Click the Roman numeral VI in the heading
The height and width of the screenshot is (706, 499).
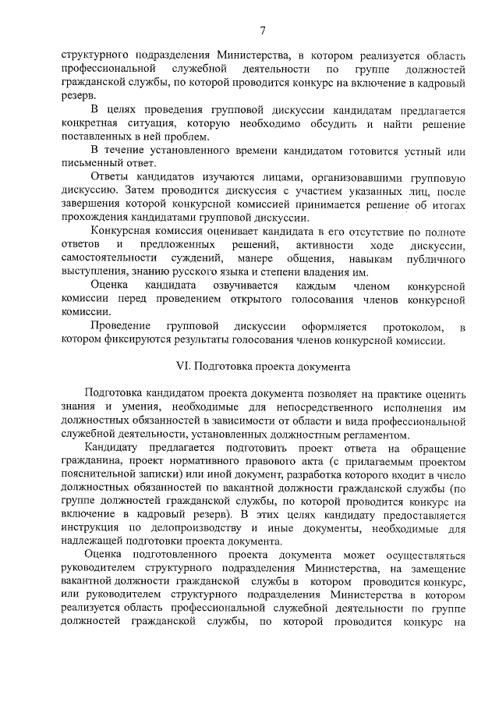(184, 365)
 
